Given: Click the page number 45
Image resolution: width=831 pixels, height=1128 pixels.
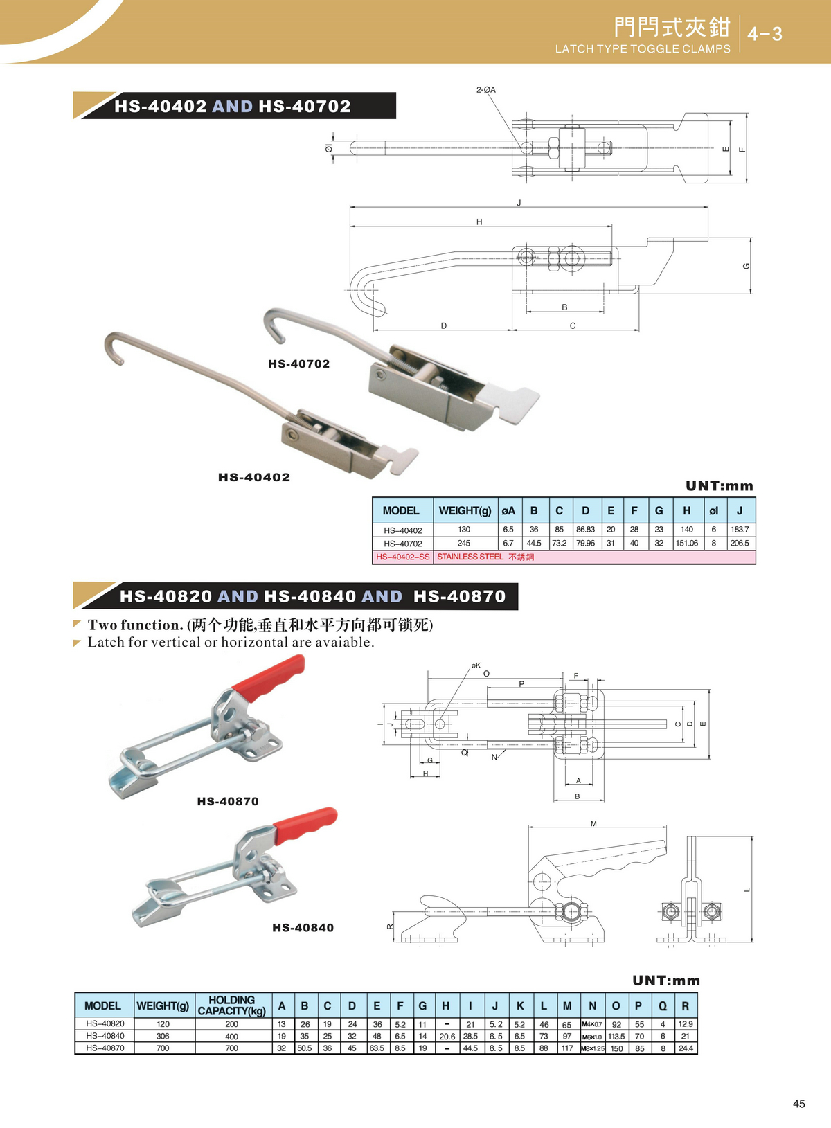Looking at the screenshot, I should [798, 1104].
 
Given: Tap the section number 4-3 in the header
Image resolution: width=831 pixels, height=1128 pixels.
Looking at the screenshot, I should [765, 34].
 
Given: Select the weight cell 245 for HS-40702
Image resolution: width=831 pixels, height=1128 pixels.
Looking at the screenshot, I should [464, 544].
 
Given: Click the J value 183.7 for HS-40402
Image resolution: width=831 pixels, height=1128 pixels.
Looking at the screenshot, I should [739, 530].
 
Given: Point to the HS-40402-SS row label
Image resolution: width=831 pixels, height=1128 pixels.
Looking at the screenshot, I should [402, 557].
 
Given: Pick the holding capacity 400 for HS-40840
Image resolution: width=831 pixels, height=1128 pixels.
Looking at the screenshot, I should [231, 1037].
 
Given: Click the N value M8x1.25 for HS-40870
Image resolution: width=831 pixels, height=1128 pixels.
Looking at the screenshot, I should [593, 1048].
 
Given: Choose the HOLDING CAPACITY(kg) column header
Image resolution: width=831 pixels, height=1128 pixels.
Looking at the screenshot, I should [231, 1005].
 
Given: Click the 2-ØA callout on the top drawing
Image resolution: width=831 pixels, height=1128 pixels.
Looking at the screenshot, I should [485, 90].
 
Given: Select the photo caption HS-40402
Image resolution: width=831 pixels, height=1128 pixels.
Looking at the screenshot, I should [254, 477].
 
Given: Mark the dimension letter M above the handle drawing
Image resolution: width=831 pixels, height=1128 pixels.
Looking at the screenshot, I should [593, 824].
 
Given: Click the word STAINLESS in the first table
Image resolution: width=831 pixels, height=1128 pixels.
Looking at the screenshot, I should [460, 557].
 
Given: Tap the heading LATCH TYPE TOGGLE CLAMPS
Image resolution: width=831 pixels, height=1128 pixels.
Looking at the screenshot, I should [643, 49].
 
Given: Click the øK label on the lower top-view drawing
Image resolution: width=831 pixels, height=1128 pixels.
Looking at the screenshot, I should [476, 665].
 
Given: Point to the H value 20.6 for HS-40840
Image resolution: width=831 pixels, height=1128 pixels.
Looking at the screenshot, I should [447, 1037].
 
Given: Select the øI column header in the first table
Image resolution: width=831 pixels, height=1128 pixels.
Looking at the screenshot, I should [713, 511].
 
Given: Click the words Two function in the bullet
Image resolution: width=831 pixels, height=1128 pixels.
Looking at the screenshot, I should [134, 625].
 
